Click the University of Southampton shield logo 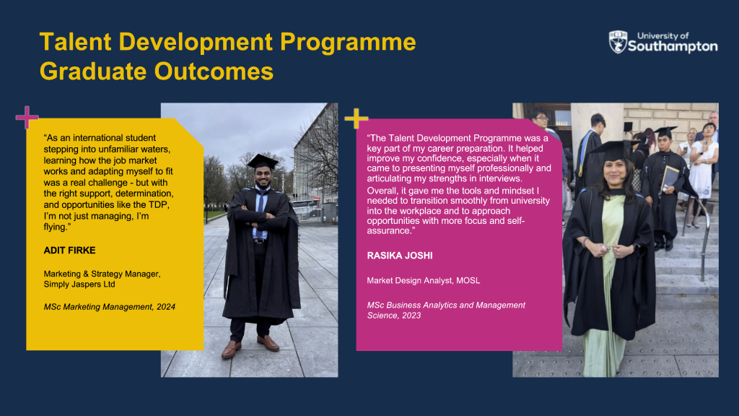(x=618, y=42)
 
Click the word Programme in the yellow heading (x=348, y=41)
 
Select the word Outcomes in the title (x=214, y=71)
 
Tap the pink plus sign (x=27, y=118)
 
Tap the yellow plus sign (x=357, y=118)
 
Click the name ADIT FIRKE (x=70, y=251)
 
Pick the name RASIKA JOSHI (x=400, y=256)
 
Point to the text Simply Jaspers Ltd (x=79, y=285)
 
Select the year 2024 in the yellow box (x=166, y=306)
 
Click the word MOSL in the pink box (x=468, y=281)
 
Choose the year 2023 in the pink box (x=411, y=316)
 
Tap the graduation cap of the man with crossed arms (x=263, y=161)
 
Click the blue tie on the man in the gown (x=260, y=212)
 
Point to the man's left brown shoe (x=268, y=343)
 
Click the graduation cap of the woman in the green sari (x=612, y=150)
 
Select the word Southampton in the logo (x=673, y=46)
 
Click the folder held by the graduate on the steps (x=669, y=178)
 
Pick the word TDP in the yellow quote (x=159, y=204)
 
